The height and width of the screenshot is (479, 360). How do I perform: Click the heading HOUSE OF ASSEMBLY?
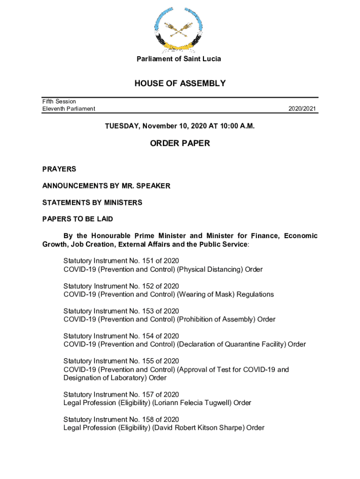tap(180, 84)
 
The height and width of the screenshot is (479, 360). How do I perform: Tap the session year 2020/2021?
tap(303, 109)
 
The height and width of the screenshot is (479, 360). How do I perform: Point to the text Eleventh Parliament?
tap(69, 109)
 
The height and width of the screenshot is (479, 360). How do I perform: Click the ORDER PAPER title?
tap(180, 144)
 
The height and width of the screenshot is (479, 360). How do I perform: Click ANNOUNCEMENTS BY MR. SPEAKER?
tap(106, 186)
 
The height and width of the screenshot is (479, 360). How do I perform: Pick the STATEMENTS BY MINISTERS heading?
tap(92, 203)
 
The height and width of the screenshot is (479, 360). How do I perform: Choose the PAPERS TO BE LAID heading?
tap(78, 219)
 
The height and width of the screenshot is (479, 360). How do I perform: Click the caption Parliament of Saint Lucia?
tap(179, 59)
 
